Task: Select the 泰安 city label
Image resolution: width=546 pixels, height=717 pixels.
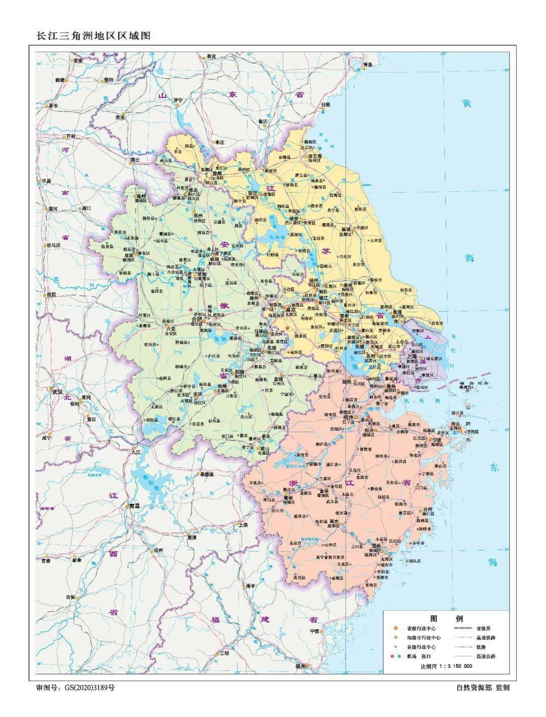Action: coord(211,56)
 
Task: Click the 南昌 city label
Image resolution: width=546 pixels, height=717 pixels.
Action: coord(134,505)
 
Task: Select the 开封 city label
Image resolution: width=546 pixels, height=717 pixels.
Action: coord(70,137)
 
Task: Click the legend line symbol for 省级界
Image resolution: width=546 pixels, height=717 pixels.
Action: coord(464,628)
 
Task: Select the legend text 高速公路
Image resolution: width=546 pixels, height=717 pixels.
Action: coord(485,656)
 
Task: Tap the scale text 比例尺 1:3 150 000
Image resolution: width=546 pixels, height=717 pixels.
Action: coord(446,665)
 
